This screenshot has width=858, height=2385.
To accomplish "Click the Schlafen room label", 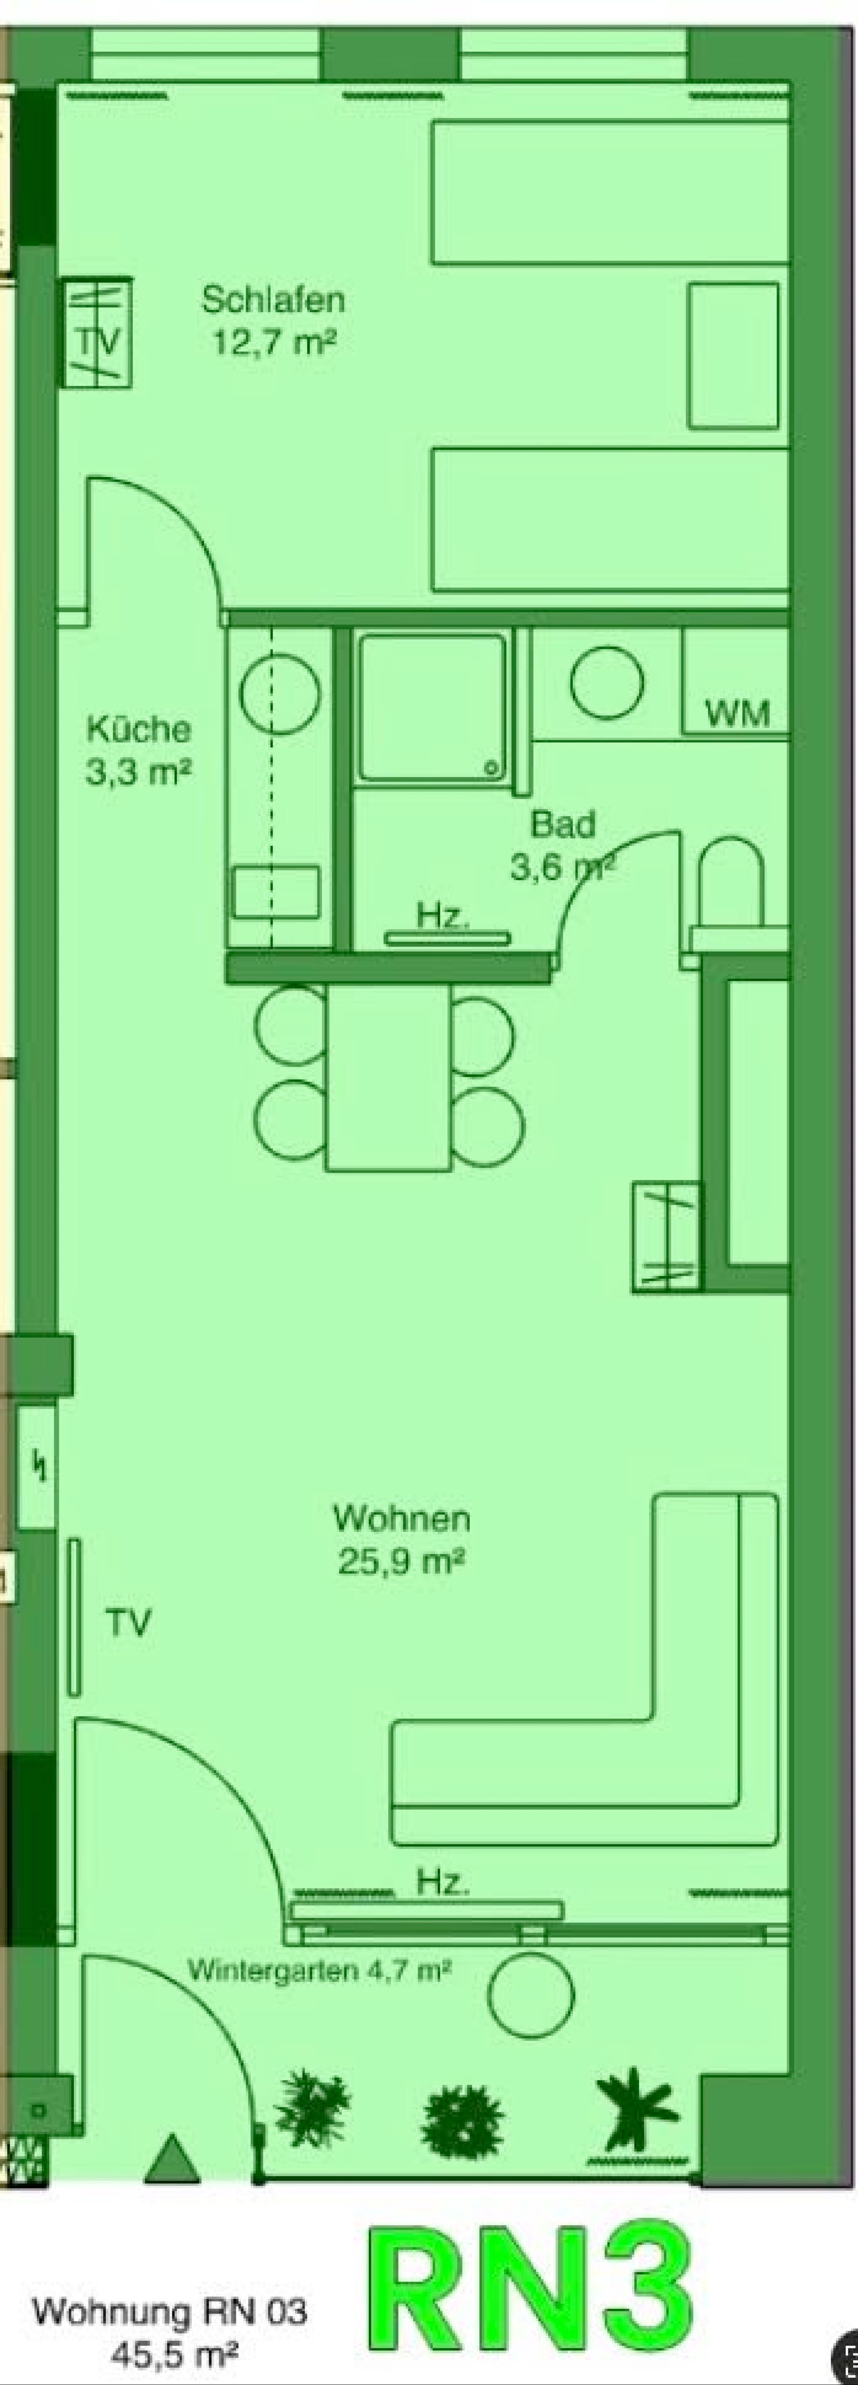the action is (x=273, y=300).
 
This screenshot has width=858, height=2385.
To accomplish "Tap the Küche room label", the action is (x=139, y=730).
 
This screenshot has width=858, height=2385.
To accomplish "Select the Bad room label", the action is (x=563, y=824).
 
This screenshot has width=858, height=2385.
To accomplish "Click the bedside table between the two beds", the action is (x=733, y=356).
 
